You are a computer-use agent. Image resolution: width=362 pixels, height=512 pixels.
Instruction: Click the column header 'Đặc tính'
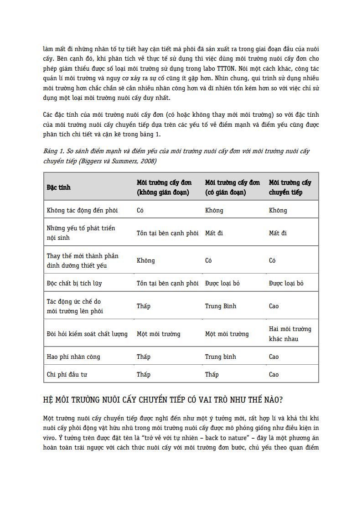[59, 187]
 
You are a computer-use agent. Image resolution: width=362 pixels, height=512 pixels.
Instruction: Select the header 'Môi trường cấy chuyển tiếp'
[290, 187]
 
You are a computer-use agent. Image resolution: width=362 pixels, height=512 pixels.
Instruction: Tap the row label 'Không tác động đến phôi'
[82, 210]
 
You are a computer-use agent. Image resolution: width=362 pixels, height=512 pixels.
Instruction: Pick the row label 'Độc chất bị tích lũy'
[74, 283]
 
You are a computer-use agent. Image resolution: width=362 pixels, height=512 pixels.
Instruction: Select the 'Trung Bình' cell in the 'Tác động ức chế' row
[221, 306]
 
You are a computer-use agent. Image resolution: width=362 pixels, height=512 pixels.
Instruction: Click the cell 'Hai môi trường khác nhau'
[290, 334]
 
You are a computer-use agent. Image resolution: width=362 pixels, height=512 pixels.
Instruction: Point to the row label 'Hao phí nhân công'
[73, 357]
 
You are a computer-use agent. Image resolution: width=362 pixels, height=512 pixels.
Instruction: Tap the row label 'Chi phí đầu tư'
[67, 374]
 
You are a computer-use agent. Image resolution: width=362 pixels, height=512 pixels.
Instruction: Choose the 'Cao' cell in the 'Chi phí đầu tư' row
[274, 374]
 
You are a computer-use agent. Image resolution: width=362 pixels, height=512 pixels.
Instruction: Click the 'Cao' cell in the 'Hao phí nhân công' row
[274, 357]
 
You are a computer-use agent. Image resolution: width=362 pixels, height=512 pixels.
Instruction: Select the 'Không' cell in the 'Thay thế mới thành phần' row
[145, 260]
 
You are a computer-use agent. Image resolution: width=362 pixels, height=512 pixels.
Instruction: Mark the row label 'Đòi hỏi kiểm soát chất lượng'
[87, 334]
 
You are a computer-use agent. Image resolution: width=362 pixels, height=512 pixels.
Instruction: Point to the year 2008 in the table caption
[147, 160]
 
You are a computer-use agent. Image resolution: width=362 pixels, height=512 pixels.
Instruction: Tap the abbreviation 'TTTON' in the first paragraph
[227, 68]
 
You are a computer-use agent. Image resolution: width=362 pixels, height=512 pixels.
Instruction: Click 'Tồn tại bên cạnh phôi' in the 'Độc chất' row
[167, 283]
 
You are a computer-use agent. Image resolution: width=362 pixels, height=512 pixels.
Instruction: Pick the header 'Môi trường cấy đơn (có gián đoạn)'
[232, 187]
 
